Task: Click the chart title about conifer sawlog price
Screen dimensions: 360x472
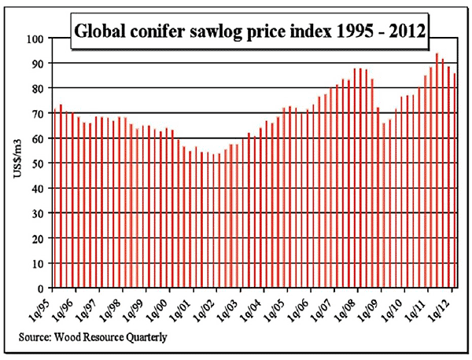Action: [x=250, y=33]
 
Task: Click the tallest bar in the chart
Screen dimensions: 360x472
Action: [x=437, y=171]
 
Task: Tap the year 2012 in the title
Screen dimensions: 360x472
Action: [x=407, y=33]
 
